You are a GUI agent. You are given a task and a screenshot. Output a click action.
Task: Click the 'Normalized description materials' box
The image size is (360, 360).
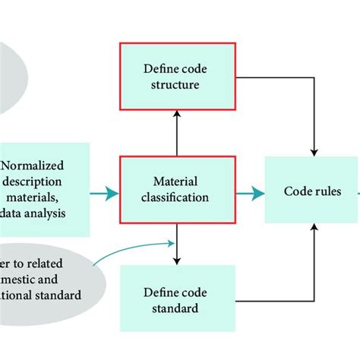[44, 188]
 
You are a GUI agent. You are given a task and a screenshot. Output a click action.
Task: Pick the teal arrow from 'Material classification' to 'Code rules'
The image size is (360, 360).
[247, 194]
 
